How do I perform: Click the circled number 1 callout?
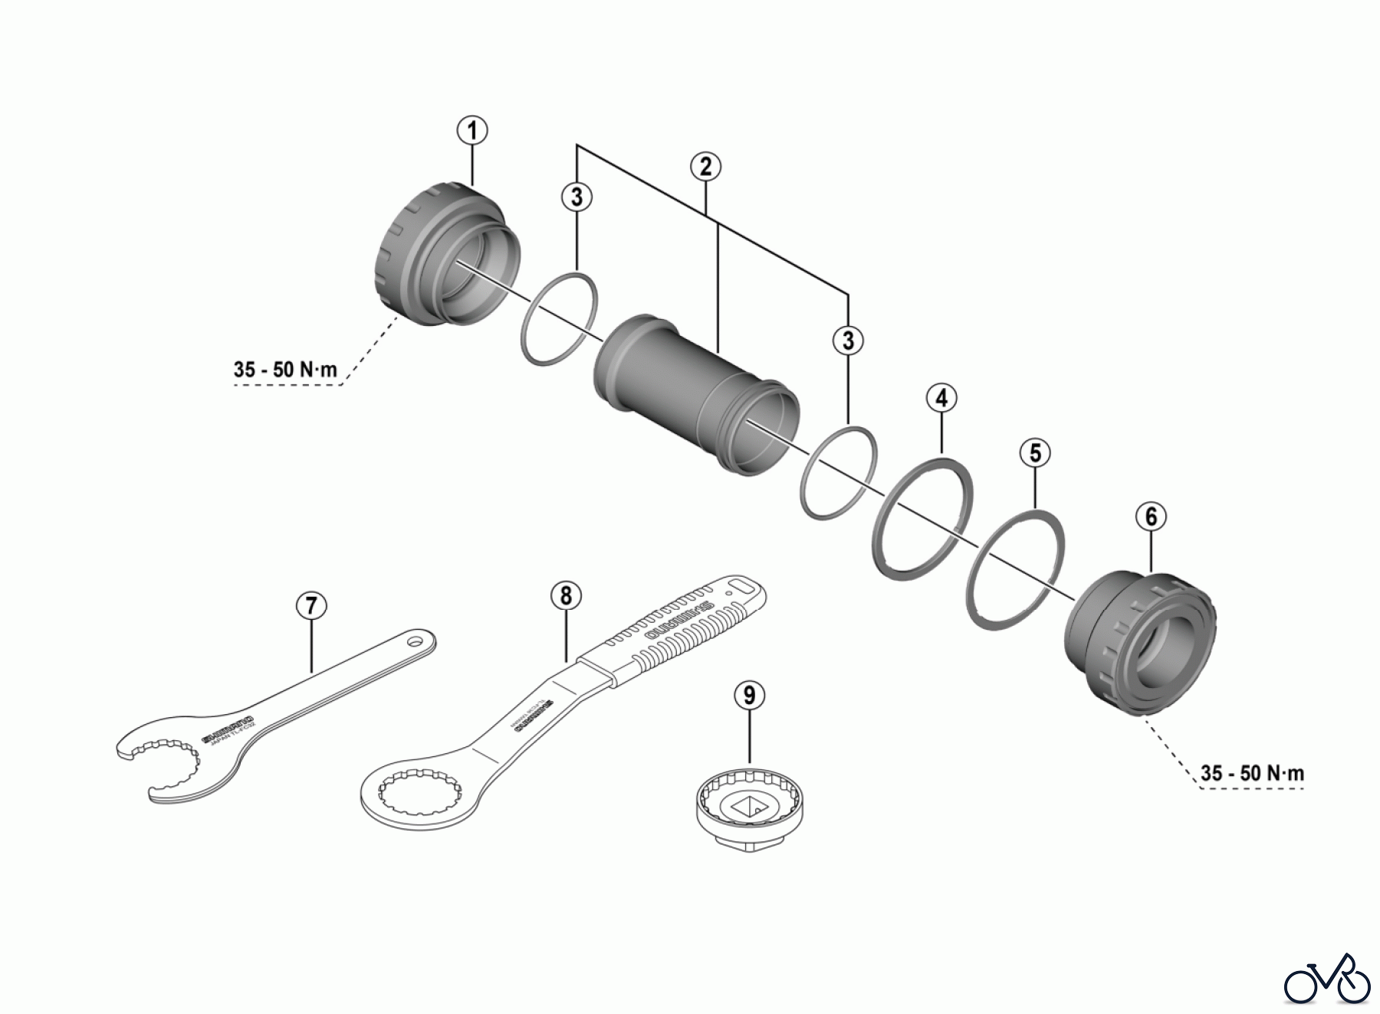click(x=472, y=130)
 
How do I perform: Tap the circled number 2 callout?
click(x=705, y=166)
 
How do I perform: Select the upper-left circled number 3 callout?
click(x=577, y=197)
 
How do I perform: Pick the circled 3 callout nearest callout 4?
click(x=848, y=340)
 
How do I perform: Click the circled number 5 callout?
click(x=1035, y=453)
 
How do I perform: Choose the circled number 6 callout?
click(x=1151, y=517)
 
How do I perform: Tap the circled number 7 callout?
click(x=311, y=606)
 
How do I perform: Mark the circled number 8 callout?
click(x=566, y=594)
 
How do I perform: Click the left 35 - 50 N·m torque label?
click(x=285, y=370)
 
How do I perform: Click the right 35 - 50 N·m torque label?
click(x=1252, y=773)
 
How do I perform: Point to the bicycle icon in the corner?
click(x=1327, y=979)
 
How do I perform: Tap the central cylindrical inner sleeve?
click(x=694, y=391)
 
